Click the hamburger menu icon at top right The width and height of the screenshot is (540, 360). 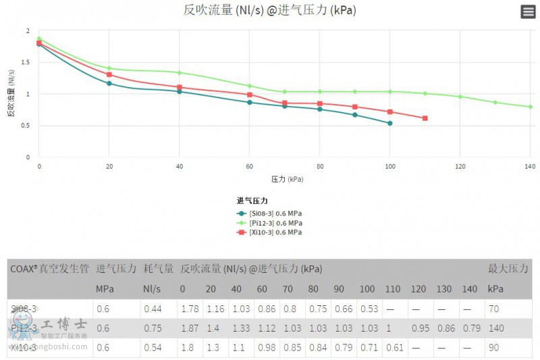(528, 11)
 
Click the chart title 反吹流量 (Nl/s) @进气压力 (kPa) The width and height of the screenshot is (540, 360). (269, 10)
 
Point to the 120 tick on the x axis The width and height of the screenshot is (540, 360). (460, 165)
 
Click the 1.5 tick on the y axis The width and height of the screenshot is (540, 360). (27, 62)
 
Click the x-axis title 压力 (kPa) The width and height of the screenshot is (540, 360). (288, 180)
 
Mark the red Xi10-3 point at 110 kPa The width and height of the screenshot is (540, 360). (425, 118)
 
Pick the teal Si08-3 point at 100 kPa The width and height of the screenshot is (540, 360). (390, 123)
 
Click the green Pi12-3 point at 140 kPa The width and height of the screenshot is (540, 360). (531, 107)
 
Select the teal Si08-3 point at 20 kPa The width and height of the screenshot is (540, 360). (109, 83)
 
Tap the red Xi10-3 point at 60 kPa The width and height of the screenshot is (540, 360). (250, 95)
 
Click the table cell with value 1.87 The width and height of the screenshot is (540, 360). (189, 328)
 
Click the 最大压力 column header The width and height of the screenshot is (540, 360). (508, 269)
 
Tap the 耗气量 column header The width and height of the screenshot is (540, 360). (159, 269)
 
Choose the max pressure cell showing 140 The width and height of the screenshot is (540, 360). (497, 328)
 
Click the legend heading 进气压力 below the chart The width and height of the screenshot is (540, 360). (252, 201)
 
